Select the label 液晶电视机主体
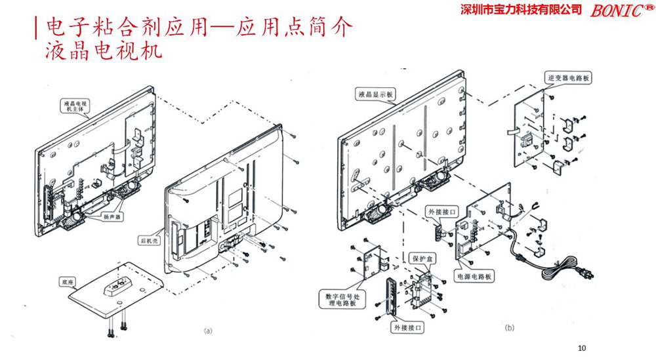(x=78, y=107)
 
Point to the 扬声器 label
(x=112, y=216)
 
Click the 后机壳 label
(x=149, y=240)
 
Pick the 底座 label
(x=68, y=282)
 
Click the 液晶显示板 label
(x=375, y=94)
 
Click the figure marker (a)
(x=209, y=331)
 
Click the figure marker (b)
(x=510, y=327)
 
